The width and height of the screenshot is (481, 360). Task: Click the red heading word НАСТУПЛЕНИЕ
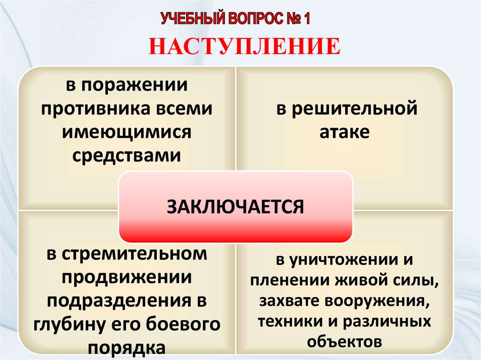pos(244,47)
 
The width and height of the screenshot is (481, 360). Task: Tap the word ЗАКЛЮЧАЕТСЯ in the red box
pos(236,206)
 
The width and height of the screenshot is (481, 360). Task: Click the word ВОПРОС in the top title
pos(254,19)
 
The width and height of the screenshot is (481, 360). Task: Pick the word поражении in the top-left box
pos(136,86)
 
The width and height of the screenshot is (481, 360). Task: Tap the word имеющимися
pos(127,132)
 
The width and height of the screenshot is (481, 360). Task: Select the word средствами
pos(127,154)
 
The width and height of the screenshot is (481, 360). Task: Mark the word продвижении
pos(127,277)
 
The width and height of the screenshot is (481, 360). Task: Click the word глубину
pos(66,324)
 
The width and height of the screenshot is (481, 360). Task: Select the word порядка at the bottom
pos(127,347)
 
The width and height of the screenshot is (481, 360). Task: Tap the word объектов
pos(344,342)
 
